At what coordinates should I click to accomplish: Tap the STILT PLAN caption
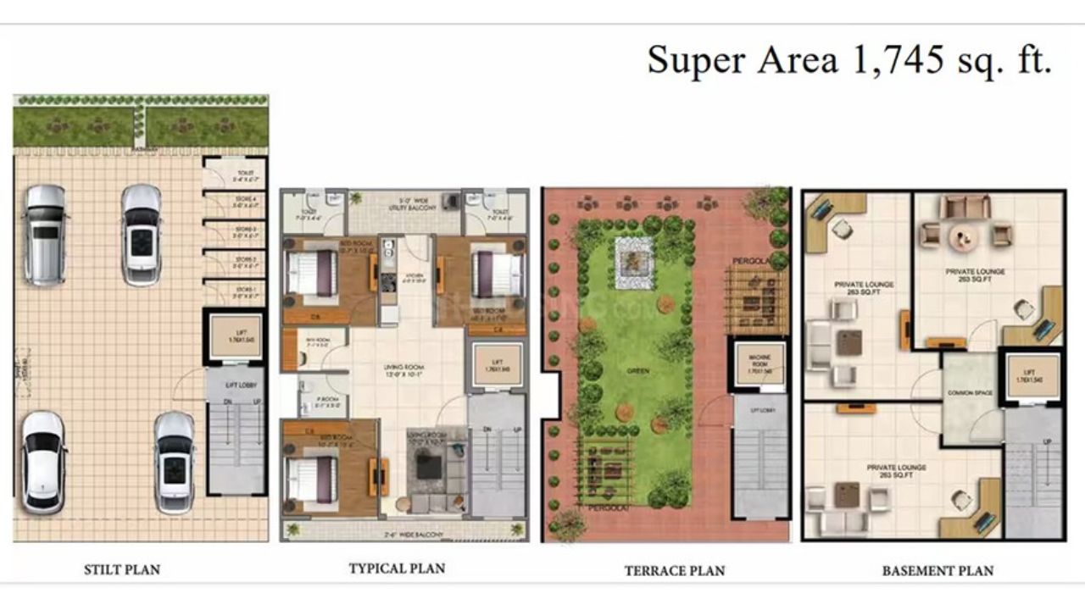tap(122, 569)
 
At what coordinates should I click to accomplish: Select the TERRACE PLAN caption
tap(675, 570)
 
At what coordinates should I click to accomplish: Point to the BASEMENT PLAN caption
tap(938, 570)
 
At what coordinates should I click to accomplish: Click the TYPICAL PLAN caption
tap(397, 568)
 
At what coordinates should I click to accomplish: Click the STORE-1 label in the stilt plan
tap(245, 292)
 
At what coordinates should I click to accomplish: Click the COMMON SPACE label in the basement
tap(971, 393)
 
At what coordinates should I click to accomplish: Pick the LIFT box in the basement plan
tap(1029, 375)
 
